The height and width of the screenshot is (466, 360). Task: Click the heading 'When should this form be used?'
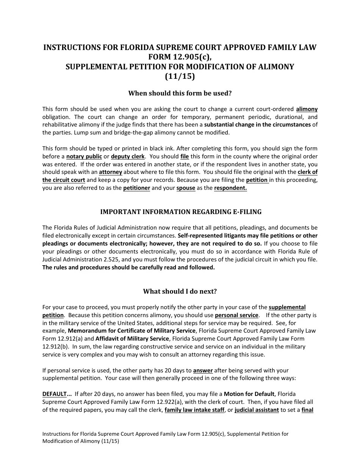coord(180,93)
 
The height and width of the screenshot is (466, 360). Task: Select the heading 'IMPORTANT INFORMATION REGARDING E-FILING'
coord(180,212)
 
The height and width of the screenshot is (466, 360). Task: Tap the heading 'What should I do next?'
coord(180,291)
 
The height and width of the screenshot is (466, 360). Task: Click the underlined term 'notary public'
coord(84,156)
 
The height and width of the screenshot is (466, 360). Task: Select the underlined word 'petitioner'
coord(136,188)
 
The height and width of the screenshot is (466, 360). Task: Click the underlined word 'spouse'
coord(186,188)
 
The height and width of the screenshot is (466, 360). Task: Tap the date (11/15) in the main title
coord(180,76)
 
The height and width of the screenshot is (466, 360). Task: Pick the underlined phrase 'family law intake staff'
coord(194,410)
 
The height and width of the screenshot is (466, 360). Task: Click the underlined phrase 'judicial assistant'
coord(257,410)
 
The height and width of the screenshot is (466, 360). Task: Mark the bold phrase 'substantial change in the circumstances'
coord(257,125)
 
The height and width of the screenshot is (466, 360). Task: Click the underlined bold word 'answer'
coord(203,371)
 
